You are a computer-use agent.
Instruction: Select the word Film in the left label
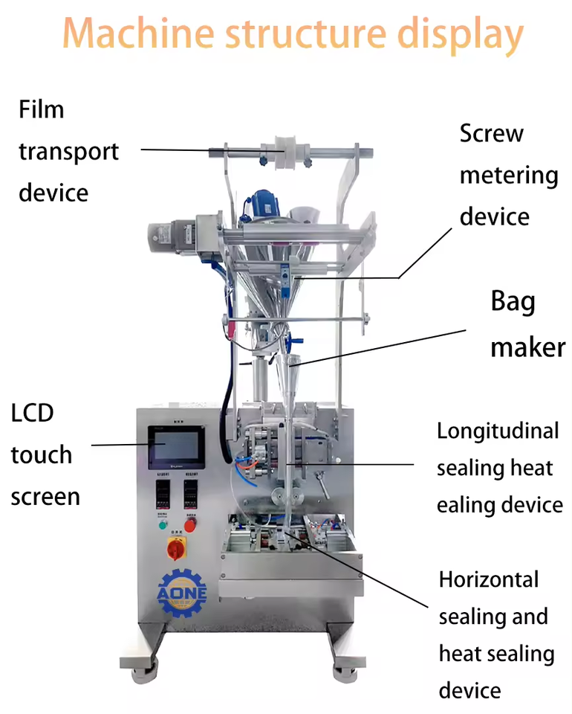[x=42, y=109]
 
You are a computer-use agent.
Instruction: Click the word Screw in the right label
[x=491, y=134]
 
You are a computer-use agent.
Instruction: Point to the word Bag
[x=513, y=302]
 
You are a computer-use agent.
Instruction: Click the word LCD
[x=33, y=413]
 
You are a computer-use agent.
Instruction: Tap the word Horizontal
[x=489, y=579]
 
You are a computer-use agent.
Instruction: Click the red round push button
[x=191, y=525]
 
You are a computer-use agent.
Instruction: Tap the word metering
[x=509, y=176]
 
